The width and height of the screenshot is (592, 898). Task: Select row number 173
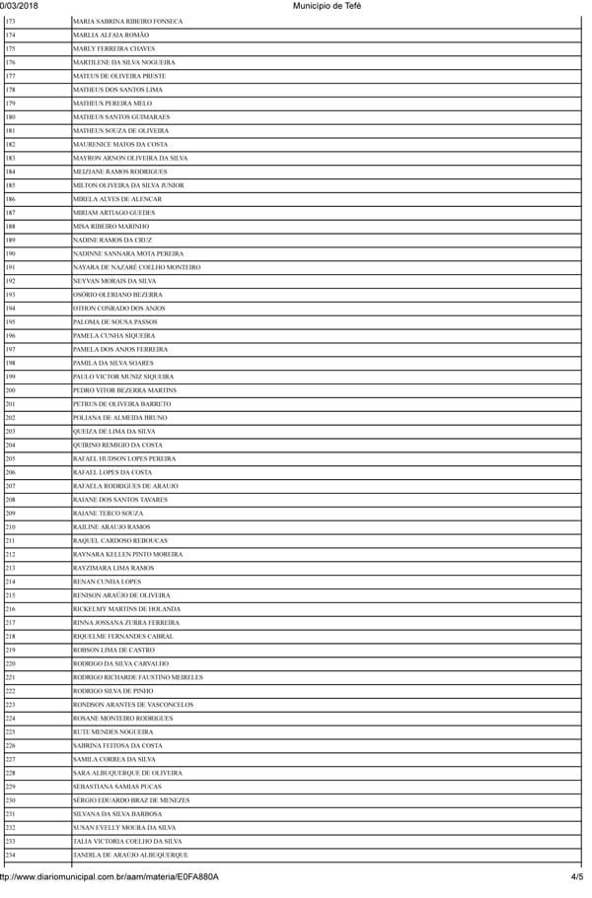pyautogui.click(x=10, y=21)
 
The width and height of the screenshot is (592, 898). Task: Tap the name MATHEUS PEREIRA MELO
pyautogui.click(x=112, y=104)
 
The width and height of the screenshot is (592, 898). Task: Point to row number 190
pyautogui.click(x=10, y=253)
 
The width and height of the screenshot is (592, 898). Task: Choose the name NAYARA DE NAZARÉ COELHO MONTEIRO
pyautogui.click(x=136, y=267)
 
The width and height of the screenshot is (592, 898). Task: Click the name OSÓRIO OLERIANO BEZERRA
pyautogui.click(x=118, y=295)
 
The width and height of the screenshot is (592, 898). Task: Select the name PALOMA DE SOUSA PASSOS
pyautogui.click(x=114, y=321)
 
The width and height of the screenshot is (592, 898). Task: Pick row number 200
pyautogui.click(x=10, y=390)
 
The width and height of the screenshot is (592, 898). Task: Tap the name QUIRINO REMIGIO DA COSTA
pyautogui.click(x=117, y=445)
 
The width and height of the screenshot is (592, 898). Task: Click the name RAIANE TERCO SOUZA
pyautogui.click(x=108, y=514)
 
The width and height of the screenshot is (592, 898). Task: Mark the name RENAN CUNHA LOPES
pyautogui.click(x=107, y=582)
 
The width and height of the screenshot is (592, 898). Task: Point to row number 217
pyautogui.click(x=10, y=623)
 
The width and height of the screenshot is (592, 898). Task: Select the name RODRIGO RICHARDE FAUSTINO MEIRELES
pyautogui.click(x=138, y=677)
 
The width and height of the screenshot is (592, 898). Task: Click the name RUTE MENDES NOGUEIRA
pyautogui.click(x=112, y=732)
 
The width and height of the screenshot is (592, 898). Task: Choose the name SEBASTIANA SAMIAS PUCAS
pyautogui.click(x=116, y=787)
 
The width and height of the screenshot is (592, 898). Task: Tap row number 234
pyautogui.click(x=10, y=855)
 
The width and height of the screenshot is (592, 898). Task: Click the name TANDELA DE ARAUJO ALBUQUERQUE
pyautogui.click(x=130, y=855)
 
